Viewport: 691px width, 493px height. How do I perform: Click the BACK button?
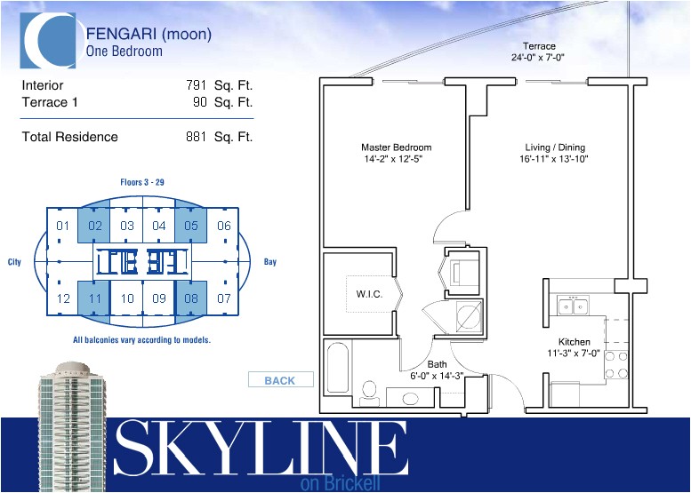[280, 380]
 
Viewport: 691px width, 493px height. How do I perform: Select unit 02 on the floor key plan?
[94, 226]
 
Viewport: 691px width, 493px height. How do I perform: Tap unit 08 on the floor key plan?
[191, 298]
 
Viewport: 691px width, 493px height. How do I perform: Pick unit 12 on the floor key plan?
[62, 298]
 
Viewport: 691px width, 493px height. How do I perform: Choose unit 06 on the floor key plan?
[223, 226]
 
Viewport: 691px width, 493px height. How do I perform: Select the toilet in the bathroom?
[371, 388]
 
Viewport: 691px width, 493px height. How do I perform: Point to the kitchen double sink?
[573, 306]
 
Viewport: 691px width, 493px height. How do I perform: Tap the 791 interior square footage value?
[196, 85]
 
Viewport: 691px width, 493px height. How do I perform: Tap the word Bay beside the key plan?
[270, 262]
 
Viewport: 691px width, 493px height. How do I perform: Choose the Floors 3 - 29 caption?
[142, 182]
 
